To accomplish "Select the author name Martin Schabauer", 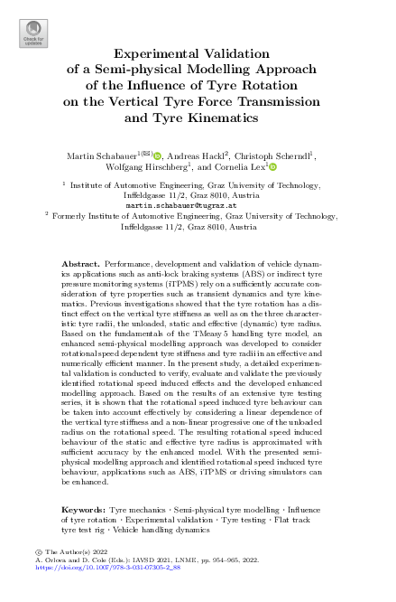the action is click(100, 155).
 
